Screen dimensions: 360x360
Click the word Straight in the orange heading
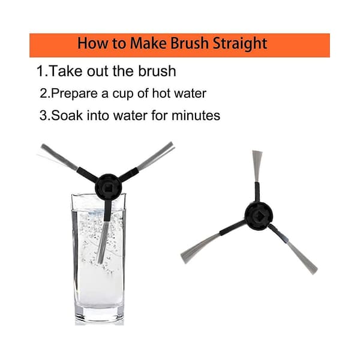pos(240,44)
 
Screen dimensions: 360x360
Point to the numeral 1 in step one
pos(40,71)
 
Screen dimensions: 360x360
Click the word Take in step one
pos(65,71)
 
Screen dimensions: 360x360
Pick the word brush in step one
pos(157,71)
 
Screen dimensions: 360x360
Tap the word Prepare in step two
pos(74,94)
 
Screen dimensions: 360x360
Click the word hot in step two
pos(161,93)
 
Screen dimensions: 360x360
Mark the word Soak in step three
pos(67,115)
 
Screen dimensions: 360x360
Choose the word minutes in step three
pos(196,115)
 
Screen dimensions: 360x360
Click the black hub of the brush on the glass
pos(108,187)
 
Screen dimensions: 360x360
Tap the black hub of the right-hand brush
pos(259,216)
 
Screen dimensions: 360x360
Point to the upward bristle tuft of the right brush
pos(257,166)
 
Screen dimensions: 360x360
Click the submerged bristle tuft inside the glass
pos(103,242)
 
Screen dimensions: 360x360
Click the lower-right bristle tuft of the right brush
pos(302,256)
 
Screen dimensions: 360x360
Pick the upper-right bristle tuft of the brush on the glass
pos(156,155)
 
